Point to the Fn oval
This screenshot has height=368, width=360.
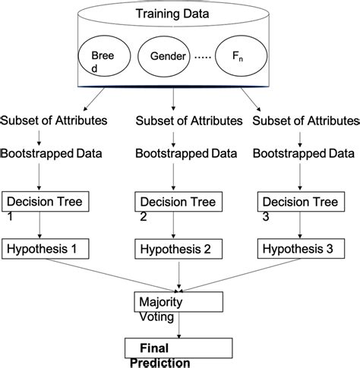click(242, 58)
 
